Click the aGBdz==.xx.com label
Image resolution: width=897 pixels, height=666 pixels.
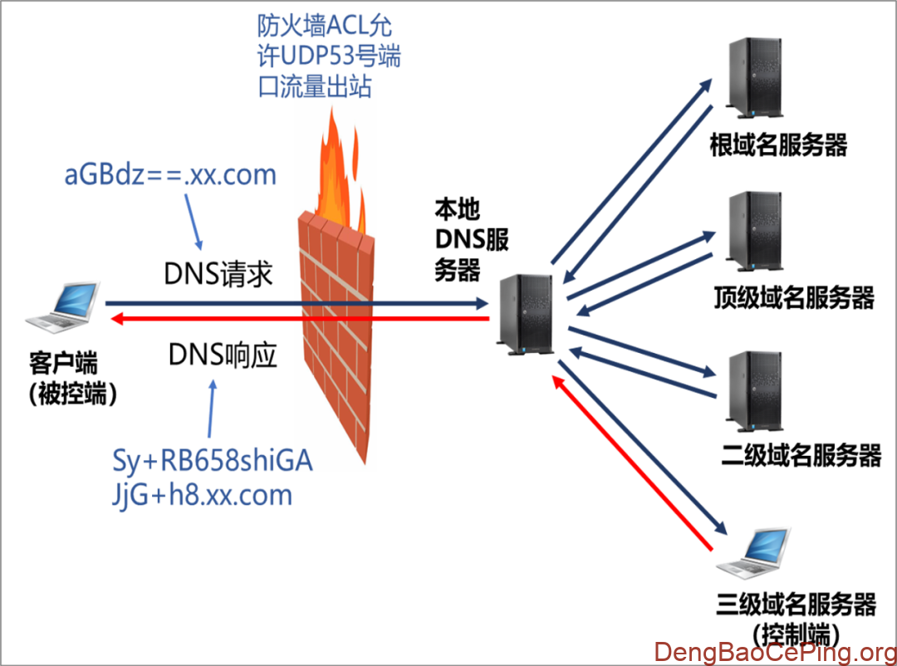pyautogui.click(x=170, y=175)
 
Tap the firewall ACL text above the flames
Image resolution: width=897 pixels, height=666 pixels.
pyautogui.click(x=328, y=56)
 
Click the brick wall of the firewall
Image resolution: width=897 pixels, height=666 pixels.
pyautogui.click(x=336, y=332)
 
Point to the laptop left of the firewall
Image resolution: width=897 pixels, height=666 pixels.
pyautogui.click(x=63, y=307)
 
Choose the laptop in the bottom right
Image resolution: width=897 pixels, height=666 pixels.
pyautogui.click(x=754, y=551)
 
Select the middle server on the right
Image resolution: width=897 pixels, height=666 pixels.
pyautogui.click(x=754, y=230)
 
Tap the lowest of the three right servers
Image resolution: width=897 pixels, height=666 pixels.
pyautogui.click(x=754, y=389)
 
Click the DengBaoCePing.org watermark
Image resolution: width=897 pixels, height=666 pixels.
pyautogui.click(x=772, y=651)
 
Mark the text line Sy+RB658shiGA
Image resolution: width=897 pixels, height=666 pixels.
pyautogui.click(x=212, y=459)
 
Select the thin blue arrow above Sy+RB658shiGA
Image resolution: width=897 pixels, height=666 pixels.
pyautogui.click(x=212, y=407)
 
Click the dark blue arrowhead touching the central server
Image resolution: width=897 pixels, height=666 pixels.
pyautogui.click(x=483, y=304)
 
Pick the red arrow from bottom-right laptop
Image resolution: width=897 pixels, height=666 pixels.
pyautogui.click(x=631, y=462)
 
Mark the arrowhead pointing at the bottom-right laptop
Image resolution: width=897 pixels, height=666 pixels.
pyautogui.click(x=721, y=529)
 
